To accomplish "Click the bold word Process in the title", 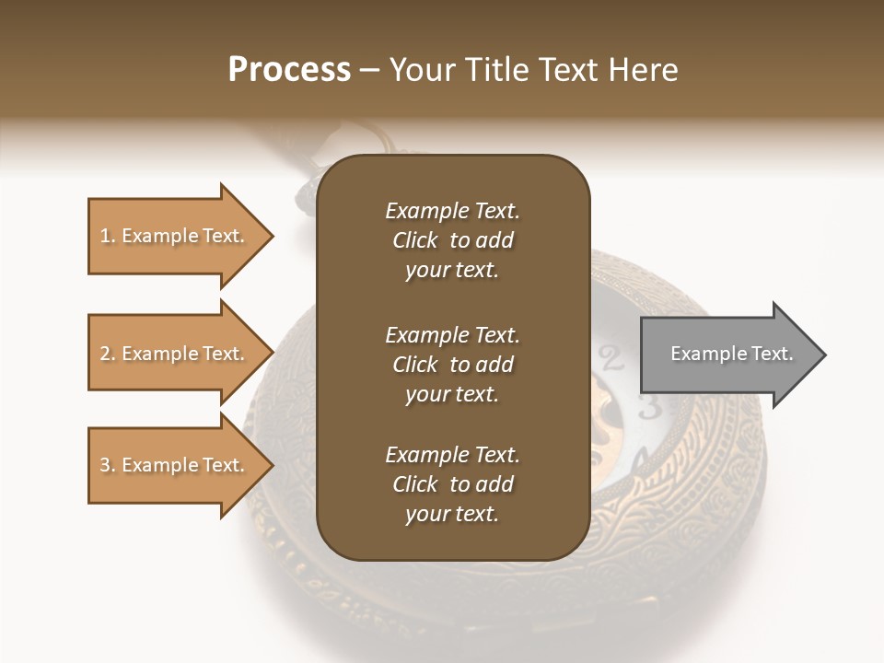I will (289, 69).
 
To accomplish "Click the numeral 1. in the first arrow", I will (107, 236).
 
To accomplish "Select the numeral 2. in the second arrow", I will (107, 354).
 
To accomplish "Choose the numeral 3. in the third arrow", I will (107, 465).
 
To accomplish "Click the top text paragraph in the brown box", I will (452, 240).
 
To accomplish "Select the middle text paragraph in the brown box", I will (452, 365).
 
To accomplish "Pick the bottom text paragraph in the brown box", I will (452, 484).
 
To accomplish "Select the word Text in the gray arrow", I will (772, 354).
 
